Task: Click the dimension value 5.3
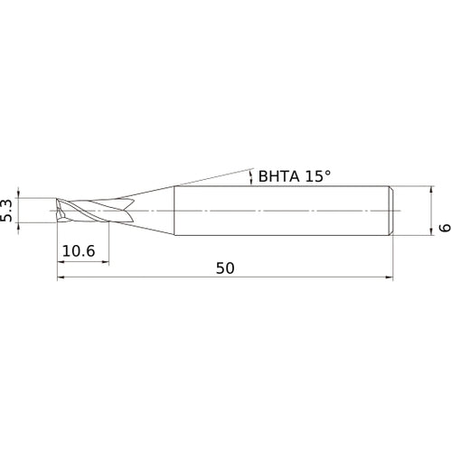(9, 210)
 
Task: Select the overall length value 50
(226, 268)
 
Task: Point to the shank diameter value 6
(443, 229)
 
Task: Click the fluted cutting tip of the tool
(77, 210)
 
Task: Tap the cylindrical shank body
(280, 210)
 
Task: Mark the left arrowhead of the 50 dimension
(61, 278)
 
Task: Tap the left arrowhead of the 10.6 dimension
(61, 263)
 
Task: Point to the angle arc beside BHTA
(250, 176)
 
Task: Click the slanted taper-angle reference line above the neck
(208, 177)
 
